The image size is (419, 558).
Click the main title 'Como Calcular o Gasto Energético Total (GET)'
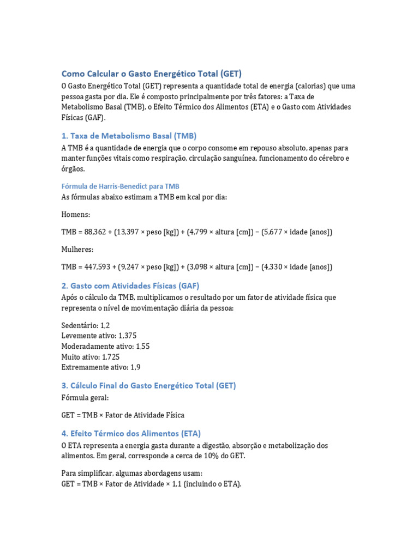point(151,74)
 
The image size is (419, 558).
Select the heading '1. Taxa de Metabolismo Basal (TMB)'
point(129,136)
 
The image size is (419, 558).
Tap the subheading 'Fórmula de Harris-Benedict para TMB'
point(120,186)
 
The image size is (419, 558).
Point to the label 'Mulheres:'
point(77,250)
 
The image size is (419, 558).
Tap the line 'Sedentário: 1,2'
point(86,325)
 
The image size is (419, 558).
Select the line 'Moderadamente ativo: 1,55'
point(105,346)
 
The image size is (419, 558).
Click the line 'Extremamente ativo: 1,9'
point(101,367)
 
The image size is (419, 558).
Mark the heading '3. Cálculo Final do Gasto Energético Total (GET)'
point(148,386)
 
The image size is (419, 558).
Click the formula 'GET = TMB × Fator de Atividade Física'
point(123,415)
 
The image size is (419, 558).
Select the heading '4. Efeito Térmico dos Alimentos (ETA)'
point(131,434)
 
